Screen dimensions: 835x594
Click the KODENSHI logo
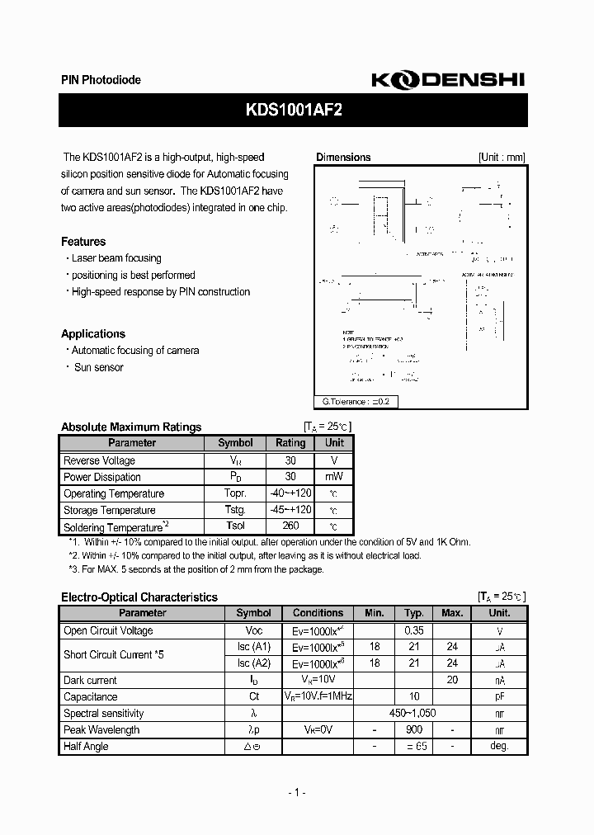point(447,79)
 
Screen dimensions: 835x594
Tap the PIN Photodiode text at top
point(101,80)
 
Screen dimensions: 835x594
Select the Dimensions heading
point(343,158)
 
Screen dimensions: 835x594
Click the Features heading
point(83,242)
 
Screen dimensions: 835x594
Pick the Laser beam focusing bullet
point(116,258)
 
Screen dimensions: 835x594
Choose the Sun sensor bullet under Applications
point(98,367)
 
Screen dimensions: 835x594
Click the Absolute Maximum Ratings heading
point(131,427)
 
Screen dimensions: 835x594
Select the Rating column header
point(290,443)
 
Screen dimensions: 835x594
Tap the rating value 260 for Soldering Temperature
point(290,526)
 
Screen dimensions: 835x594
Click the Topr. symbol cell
point(235,493)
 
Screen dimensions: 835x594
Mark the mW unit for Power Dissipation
point(334,477)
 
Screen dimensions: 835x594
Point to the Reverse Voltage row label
point(99,460)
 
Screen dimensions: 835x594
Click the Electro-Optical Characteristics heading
point(139,597)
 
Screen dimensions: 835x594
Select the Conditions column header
point(318,613)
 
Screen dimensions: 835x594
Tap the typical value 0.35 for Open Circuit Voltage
point(414,630)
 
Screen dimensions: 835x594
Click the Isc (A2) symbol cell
point(253,663)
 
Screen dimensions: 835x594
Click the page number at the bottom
point(297,793)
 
